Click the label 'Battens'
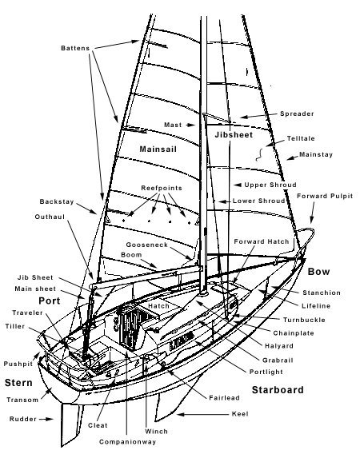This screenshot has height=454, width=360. [76, 47]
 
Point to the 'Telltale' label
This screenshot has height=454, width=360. [307, 138]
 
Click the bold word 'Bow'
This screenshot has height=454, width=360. [318, 272]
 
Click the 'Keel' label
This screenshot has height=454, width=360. [238, 414]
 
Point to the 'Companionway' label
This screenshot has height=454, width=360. [125, 441]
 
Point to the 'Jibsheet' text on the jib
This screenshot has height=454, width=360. [234, 136]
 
